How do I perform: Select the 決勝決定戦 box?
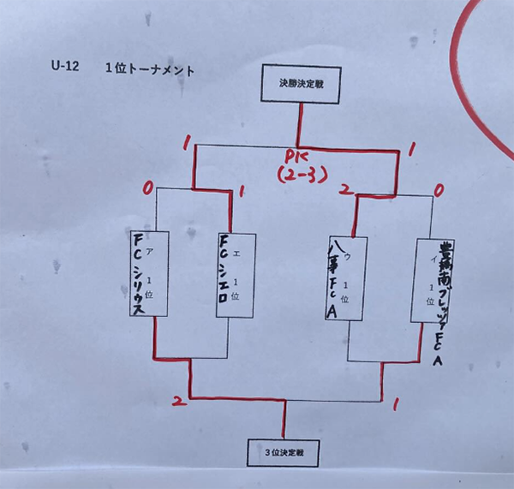297,84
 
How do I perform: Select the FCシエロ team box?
235,272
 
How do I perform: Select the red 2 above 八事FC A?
345,190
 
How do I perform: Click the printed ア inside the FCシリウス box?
151,251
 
